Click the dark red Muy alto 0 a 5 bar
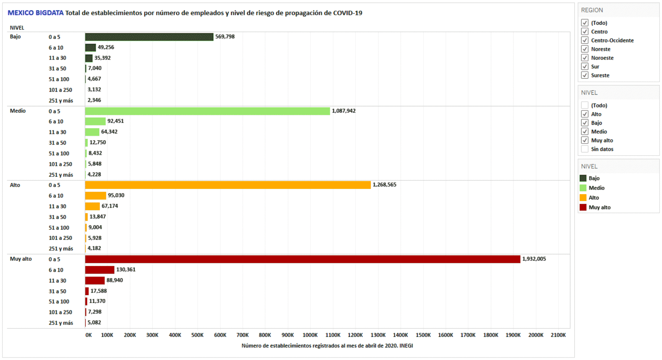point(302,259)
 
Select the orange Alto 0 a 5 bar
point(228,185)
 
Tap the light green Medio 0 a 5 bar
point(207,111)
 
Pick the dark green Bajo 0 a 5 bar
point(149,37)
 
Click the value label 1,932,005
point(534,259)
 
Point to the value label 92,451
point(116,121)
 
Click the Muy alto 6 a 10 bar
point(100,270)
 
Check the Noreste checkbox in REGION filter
point(585,49)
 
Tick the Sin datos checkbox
point(585,149)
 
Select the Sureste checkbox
point(585,75)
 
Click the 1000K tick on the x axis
point(310,335)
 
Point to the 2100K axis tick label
point(558,335)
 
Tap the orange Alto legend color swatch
point(583,198)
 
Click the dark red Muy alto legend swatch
point(583,207)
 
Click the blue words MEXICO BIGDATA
point(35,13)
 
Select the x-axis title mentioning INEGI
point(327,346)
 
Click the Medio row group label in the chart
point(18,111)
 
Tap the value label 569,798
point(225,37)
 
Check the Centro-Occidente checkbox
point(585,40)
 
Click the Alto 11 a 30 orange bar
point(92,206)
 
